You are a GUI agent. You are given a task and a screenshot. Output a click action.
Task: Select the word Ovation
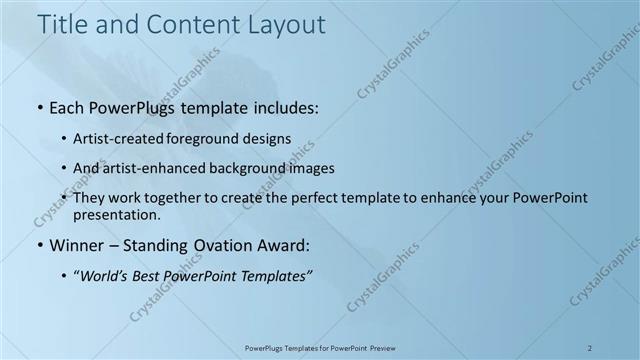[x=222, y=245]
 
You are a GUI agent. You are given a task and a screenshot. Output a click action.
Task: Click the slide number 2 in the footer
[x=590, y=348]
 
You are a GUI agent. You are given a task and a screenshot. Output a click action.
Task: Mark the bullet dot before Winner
[x=39, y=245]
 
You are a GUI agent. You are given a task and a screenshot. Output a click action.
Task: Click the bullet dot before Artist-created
[x=66, y=138]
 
